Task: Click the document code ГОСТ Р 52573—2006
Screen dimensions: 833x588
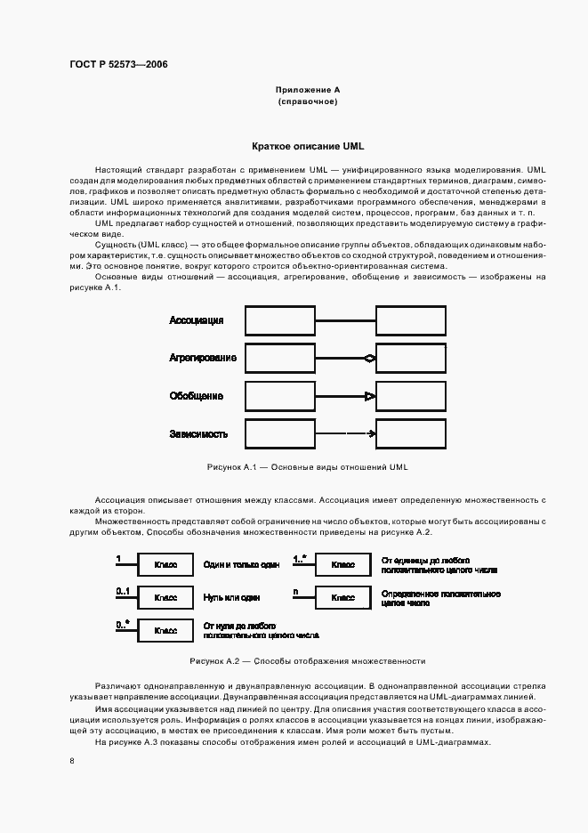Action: coord(118,64)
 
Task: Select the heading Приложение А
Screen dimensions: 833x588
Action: coord(308,90)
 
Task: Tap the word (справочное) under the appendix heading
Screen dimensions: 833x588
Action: coord(308,102)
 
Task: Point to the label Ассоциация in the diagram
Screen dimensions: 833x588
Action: coord(196,320)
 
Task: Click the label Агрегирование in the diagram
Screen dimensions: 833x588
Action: coord(203,358)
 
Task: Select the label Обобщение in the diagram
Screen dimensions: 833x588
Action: coord(196,396)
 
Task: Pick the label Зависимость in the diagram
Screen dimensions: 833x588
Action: coord(198,434)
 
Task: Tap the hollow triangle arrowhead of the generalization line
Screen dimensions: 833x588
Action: coord(371,396)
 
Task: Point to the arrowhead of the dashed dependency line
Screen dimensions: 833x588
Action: coord(371,434)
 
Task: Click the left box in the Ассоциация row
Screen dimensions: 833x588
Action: coord(279,320)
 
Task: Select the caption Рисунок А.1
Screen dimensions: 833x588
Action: coord(307,467)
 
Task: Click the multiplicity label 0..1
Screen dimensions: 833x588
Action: coord(123,591)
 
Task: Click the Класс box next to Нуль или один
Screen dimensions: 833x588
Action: coord(165,598)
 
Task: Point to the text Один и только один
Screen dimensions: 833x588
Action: coord(241,565)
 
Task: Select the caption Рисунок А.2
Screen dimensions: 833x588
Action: coord(307,661)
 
